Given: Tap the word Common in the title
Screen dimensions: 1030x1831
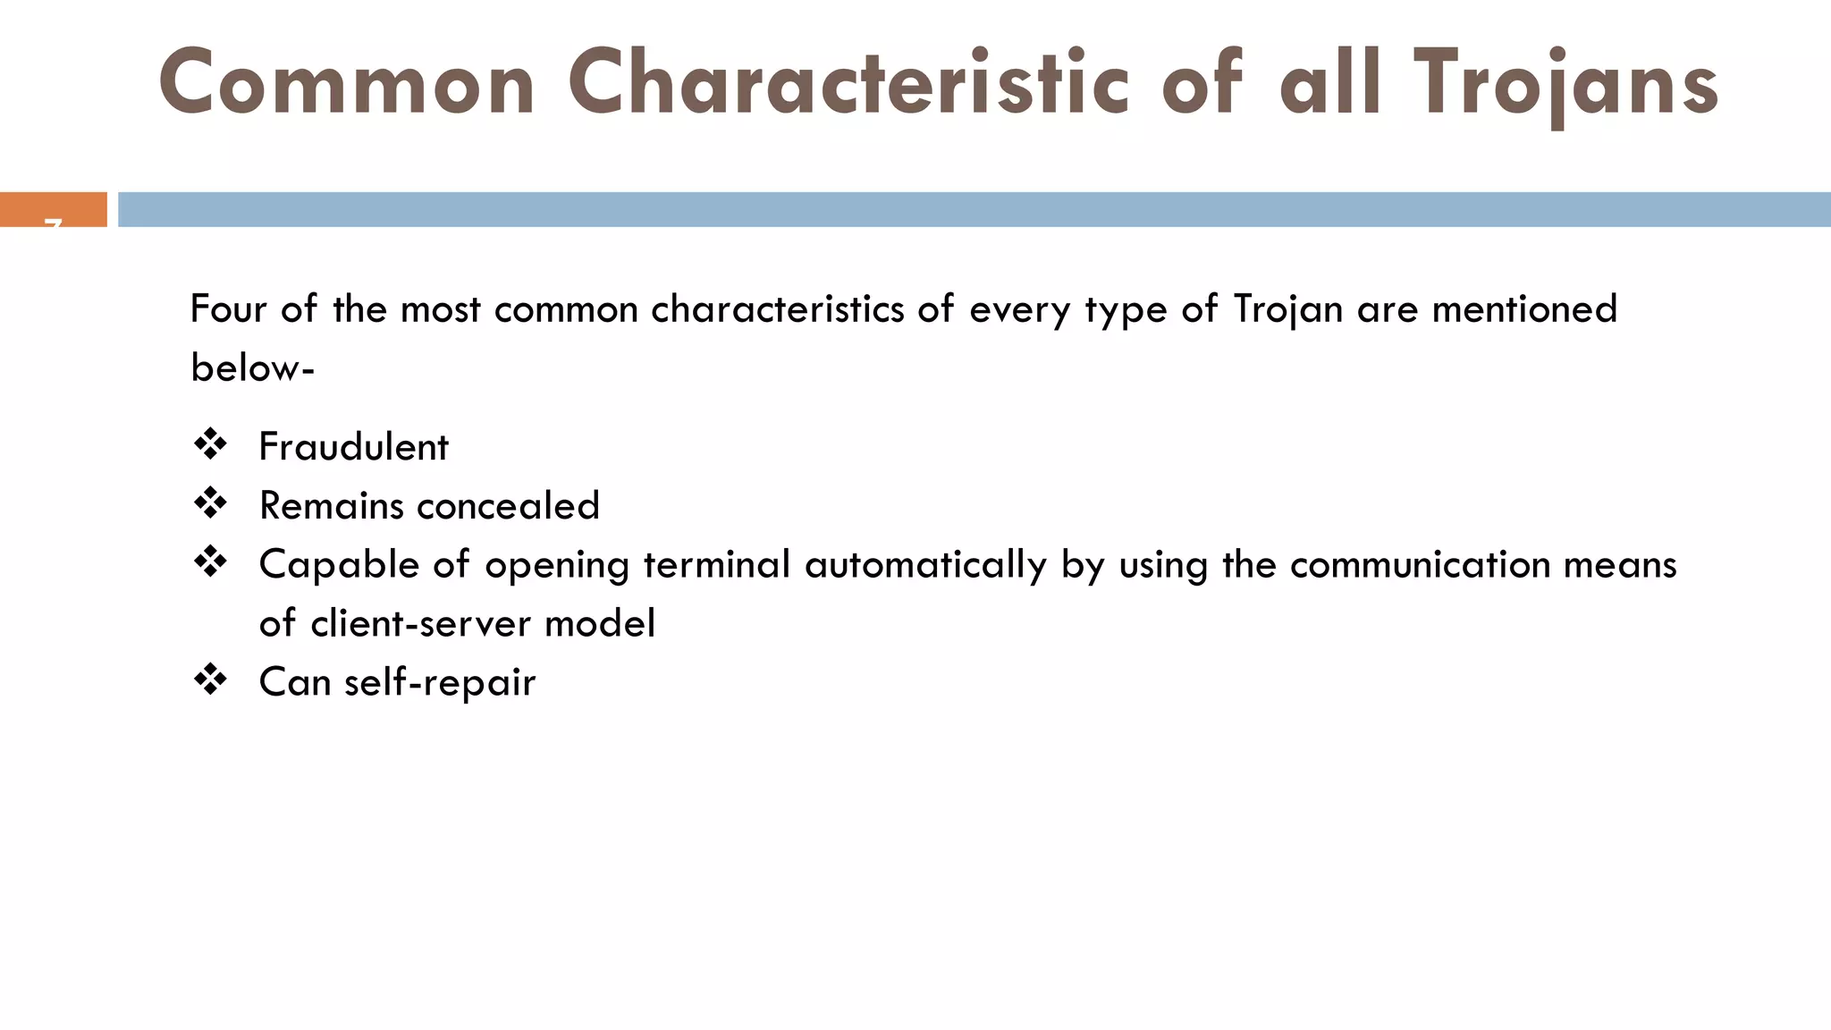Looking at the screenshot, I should [x=347, y=84].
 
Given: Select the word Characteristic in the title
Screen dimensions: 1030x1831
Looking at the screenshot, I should [x=848, y=84].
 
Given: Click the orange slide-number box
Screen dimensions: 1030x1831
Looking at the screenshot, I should [x=54, y=209].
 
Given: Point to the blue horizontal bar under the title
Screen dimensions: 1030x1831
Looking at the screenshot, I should [x=975, y=209].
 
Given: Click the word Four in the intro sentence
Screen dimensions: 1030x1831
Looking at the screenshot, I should [x=228, y=309].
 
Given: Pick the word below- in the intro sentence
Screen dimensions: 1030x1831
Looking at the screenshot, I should [x=252, y=367].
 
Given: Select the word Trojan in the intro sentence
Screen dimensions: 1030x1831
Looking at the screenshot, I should [x=1287, y=309].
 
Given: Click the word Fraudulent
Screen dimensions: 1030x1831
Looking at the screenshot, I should [x=353, y=447].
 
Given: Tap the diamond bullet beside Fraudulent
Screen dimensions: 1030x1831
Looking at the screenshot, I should [x=211, y=444].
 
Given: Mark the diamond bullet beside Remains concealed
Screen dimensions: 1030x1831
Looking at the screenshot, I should [x=211, y=503].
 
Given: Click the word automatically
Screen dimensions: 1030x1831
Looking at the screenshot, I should [x=925, y=565].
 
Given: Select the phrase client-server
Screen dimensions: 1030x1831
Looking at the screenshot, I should [x=419, y=623].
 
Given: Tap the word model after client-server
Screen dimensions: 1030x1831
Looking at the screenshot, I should [x=599, y=623].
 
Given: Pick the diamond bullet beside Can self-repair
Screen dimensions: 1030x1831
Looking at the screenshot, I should [x=211, y=680].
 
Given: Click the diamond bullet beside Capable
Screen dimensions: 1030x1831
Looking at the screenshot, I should [x=211, y=562].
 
